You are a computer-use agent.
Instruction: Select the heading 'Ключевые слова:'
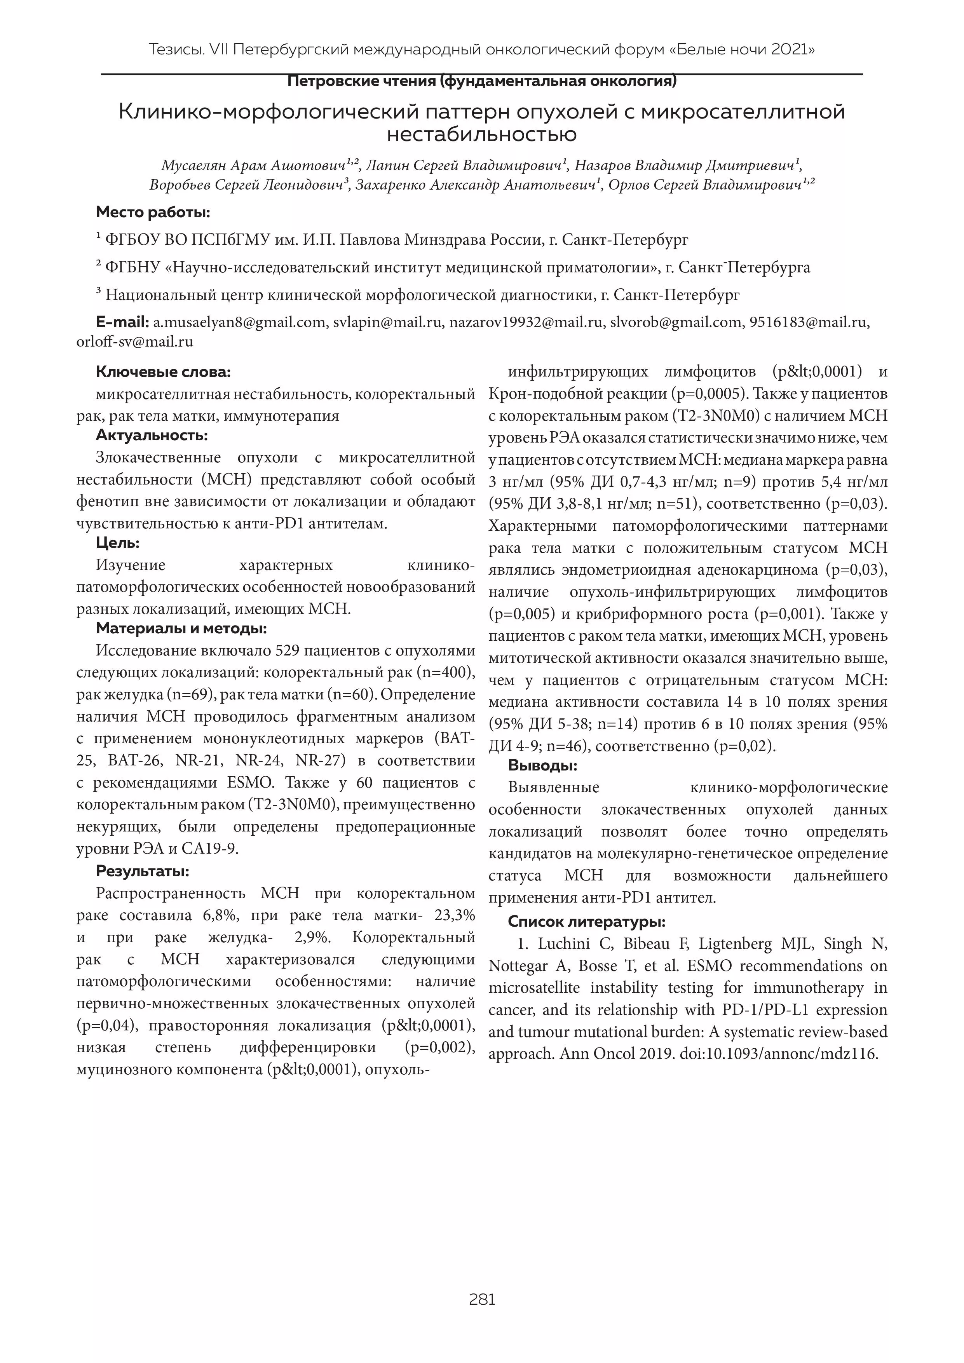tap(163, 372)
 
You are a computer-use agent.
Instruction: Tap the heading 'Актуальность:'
tap(152, 436)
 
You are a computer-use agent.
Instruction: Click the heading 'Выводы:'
tap(542, 766)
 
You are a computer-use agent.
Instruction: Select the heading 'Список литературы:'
tap(586, 922)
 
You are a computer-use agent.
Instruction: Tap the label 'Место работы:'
tap(153, 212)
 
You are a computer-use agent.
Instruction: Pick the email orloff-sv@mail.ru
tap(135, 342)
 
